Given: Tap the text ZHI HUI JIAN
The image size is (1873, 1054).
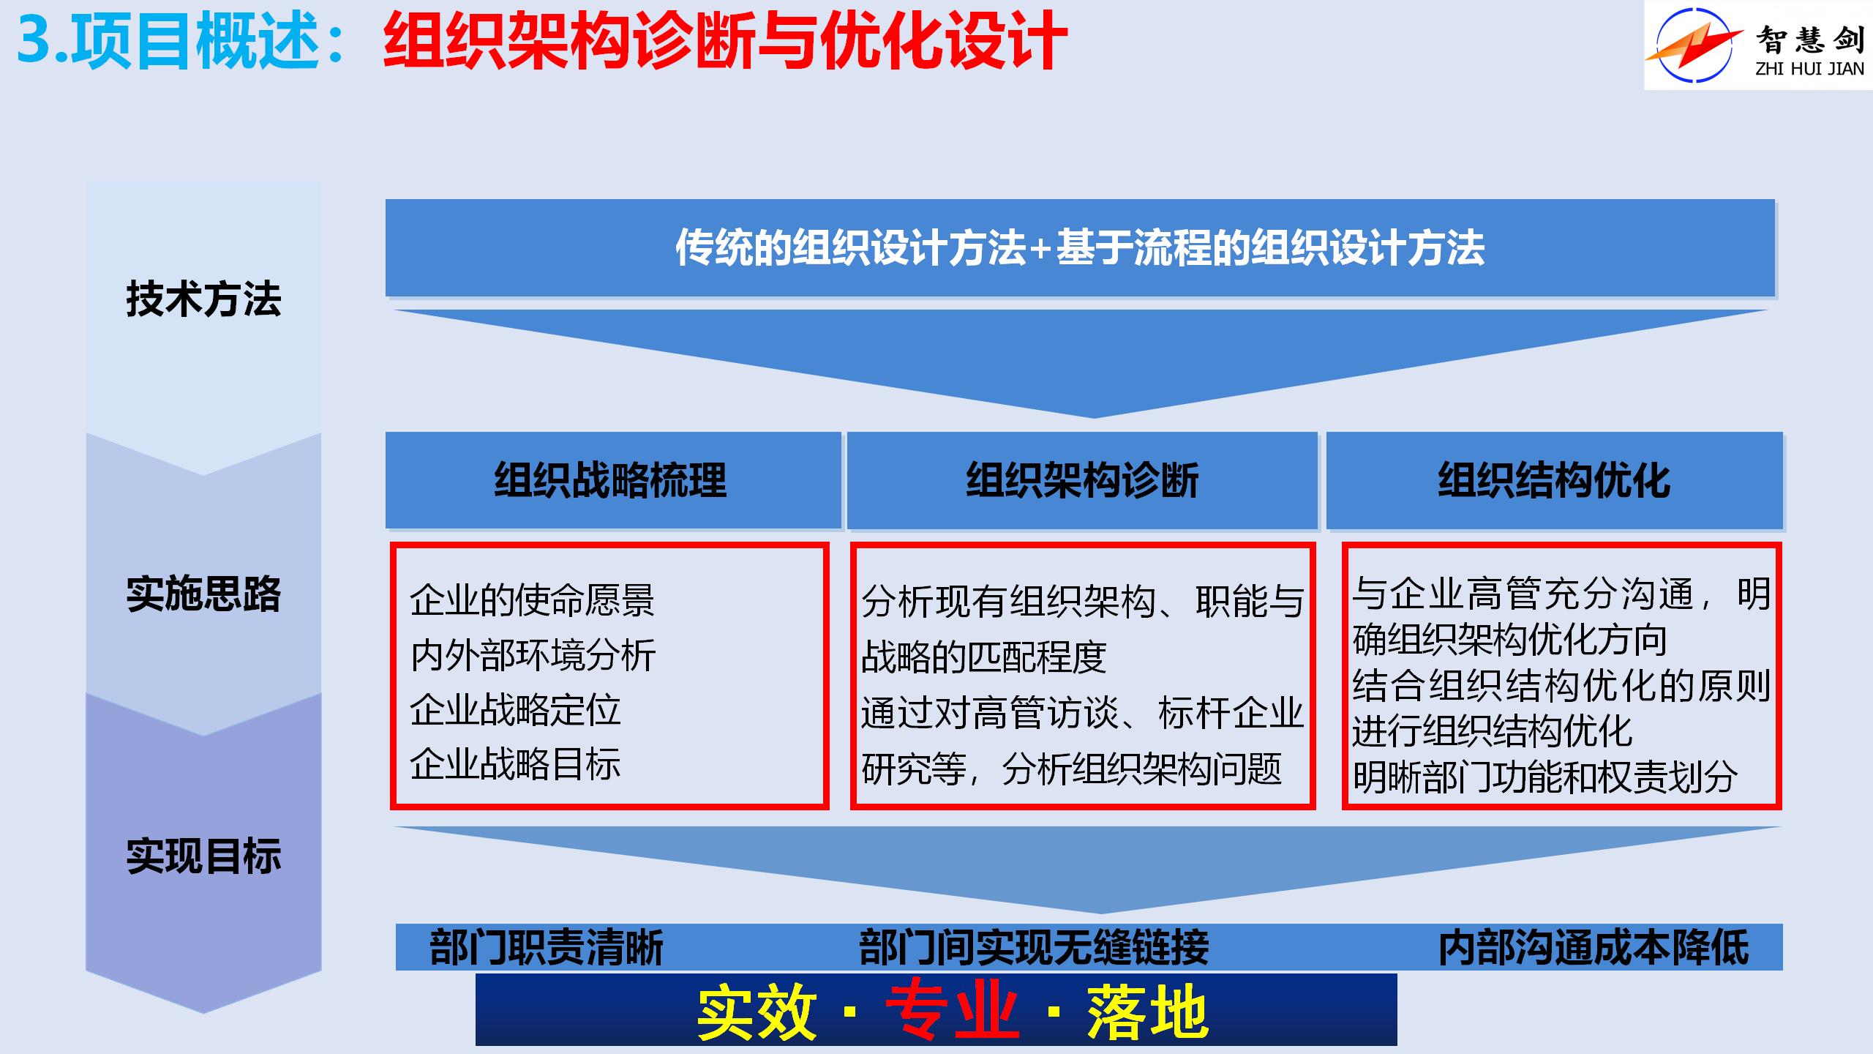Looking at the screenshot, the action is [x=1810, y=69].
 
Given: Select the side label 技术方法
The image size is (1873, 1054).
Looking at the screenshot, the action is [x=204, y=299].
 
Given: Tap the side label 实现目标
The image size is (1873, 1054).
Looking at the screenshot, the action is [x=204, y=856].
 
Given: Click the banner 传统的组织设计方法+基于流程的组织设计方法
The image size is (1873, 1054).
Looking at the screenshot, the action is [x=1080, y=247].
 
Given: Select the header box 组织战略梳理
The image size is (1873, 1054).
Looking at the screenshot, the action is [x=613, y=480].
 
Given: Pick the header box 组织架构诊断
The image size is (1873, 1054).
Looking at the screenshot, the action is [x=1082, y=480].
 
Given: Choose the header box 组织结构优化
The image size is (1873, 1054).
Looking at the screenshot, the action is [x=1554, y=480].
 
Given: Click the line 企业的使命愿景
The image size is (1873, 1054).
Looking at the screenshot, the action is [x=533, y=600].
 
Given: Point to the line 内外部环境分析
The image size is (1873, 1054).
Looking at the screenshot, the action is [x=533, y=654].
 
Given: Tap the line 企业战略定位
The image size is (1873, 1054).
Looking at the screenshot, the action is [x=515, y=709].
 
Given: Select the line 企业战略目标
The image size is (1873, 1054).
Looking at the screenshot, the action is [x=515, y=763].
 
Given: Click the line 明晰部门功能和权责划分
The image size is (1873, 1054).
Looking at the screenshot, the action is [x=1544, y=777].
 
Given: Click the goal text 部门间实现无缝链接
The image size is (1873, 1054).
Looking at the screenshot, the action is [x=1034, y=947].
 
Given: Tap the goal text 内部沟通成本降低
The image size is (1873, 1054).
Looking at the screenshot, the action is [x=1594, y=947].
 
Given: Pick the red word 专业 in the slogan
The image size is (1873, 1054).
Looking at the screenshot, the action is [x=952, y=1012].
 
